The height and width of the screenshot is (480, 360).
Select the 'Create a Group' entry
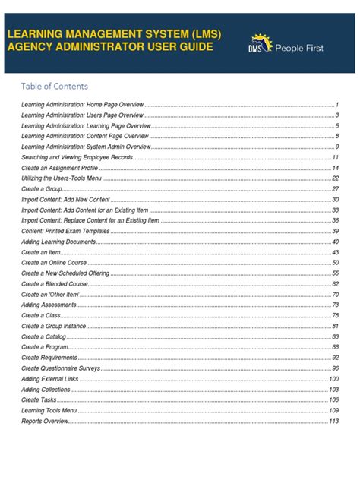tap(42, 188)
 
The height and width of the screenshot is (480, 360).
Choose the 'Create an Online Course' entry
tap(55, 262)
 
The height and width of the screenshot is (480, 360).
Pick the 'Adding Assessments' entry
tap(49, 305)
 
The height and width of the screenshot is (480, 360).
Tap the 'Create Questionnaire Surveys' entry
tap(62, 368)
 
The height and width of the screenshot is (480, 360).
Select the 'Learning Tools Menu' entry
tap(49, 410)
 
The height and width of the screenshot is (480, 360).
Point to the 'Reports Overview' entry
tap(45, 421)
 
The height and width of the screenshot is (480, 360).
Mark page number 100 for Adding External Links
tap(333, 378)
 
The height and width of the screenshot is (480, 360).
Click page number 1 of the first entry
tap(336, 104)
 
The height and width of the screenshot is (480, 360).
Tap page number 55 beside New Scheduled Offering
tap(335, 273)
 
